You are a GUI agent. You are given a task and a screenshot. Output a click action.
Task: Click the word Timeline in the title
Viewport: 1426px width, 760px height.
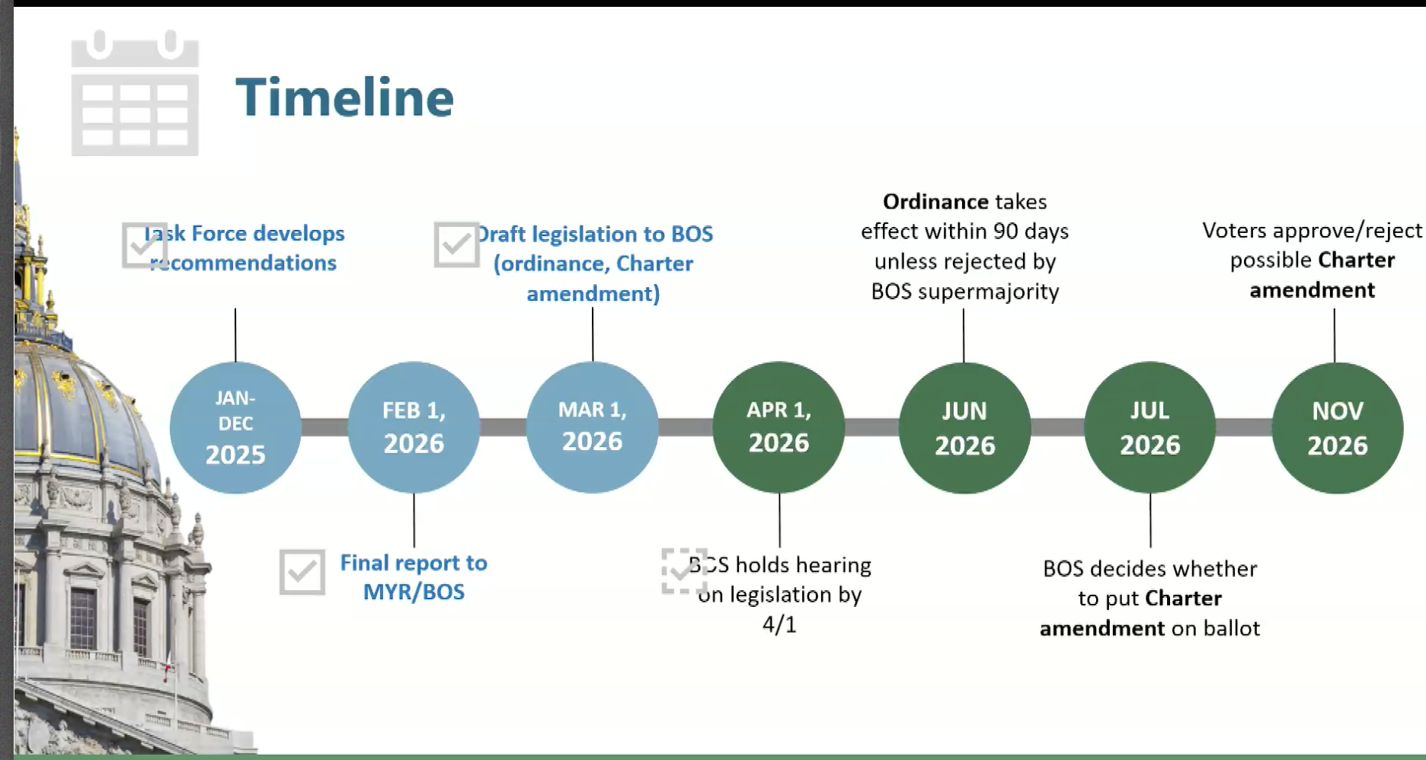coord(344,97)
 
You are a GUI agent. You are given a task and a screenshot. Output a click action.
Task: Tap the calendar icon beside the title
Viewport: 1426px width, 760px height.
coord(135,93)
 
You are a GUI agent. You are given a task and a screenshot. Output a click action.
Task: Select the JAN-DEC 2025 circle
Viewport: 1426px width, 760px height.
coord(235,427)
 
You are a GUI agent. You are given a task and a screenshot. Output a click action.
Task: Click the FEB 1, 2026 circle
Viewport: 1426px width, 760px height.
coord(414,427)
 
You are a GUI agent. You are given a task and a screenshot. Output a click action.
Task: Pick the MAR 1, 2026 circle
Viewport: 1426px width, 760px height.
coord(593,427)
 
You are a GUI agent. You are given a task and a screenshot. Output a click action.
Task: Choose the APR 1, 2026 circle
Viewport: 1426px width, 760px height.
coord(779,427)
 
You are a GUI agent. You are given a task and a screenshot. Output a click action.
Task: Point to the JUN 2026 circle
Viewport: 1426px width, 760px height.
coord(964,427)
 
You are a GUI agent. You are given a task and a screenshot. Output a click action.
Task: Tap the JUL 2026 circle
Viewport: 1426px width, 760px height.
coord(1150,427)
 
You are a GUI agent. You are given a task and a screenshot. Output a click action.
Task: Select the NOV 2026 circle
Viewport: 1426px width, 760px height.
coord(1338,427)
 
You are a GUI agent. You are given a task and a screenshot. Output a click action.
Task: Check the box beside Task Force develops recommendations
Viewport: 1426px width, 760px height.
coord(144,245)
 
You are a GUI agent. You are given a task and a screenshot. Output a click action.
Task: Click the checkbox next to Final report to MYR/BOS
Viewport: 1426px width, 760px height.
coord(302,572)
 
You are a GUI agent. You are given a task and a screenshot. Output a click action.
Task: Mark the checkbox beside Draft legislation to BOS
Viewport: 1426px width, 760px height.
coord(456,244)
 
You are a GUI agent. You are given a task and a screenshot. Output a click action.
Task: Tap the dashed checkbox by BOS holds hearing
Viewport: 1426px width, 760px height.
coord(684,571)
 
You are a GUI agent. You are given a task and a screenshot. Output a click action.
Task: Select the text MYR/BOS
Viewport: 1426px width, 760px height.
coord(414,592)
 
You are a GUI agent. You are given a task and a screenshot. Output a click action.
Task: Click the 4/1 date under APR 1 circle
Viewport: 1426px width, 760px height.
coord(779,624)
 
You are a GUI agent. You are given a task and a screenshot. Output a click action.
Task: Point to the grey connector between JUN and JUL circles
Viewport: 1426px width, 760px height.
coord(1057,427)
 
